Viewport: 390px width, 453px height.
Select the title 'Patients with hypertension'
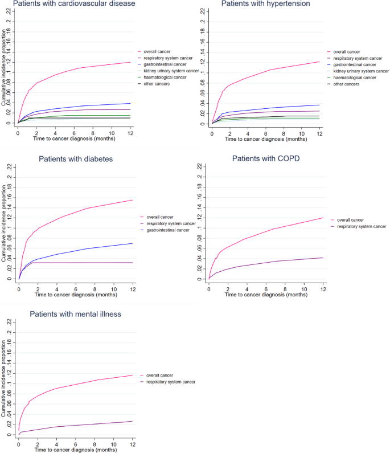coord(266,4)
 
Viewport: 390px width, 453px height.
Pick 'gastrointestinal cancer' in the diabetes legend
coord(175,230)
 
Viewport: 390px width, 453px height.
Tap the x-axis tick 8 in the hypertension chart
coord(283,132)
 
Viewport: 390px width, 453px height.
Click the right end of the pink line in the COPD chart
coord(323,218)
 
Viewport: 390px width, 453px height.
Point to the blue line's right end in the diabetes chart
coord(133,243)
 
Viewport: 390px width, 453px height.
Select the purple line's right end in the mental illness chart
coord(132,421)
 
